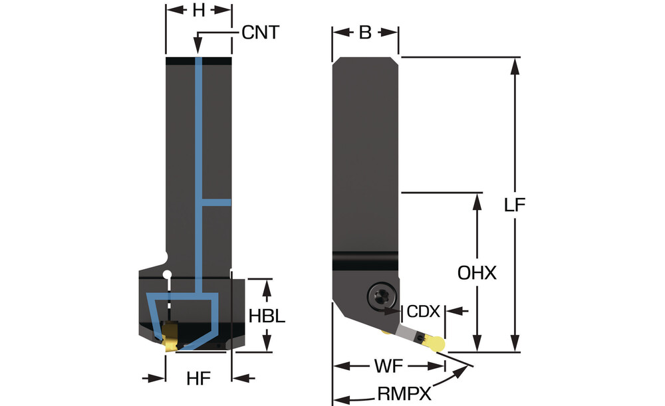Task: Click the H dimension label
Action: pos(198,11)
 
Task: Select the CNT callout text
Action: pos(261,32)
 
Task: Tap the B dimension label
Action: pos(364,32)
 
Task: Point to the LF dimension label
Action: pos(515,205)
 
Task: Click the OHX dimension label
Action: pos(477,273)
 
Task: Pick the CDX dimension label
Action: pos(423,312)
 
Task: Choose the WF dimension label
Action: pos(388,366)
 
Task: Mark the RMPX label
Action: pos(404,394)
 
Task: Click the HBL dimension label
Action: pos(267,316)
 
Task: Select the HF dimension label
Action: pos(198,379)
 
